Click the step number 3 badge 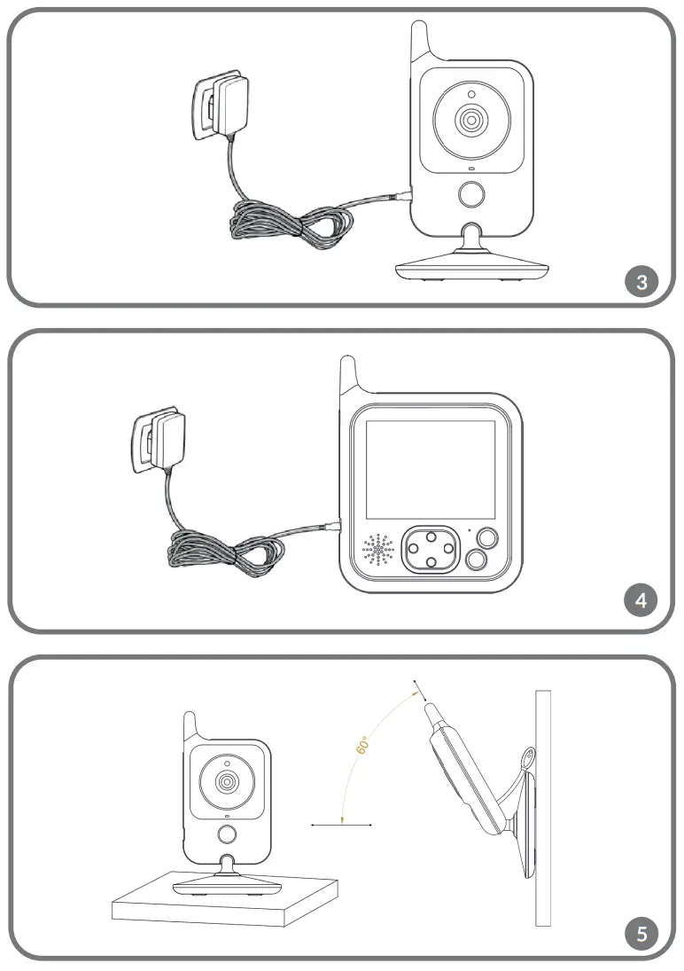click(x=642, y=282)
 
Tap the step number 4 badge click(x=642, y=601)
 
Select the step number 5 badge click(x=642, y=933)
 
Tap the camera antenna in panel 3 click(x=421, y=44)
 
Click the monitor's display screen click(x=431, y=470)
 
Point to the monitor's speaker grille click(x=378, y=551)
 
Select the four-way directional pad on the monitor click(x=430, y=550)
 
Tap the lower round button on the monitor click(x=476, y=560)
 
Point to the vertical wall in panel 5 click(x=543, y=807)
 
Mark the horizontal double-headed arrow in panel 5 click(x=341, y=825)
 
